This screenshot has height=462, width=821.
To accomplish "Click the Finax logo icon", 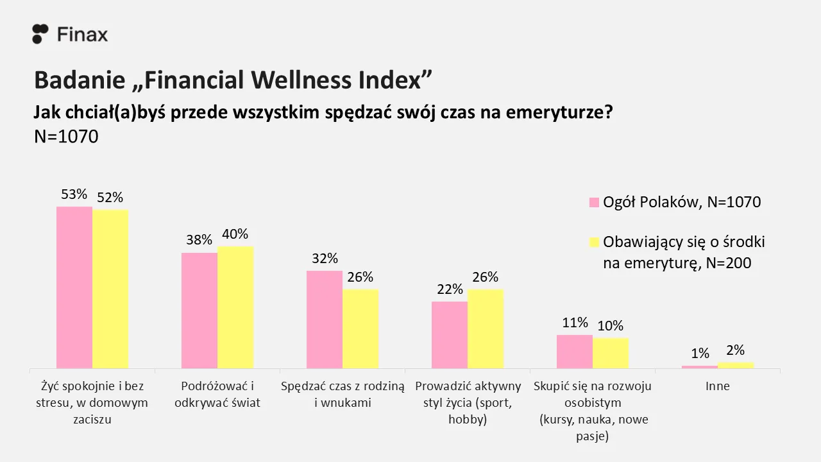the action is point(40,34).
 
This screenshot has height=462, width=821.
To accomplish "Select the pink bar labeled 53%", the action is point(74,287).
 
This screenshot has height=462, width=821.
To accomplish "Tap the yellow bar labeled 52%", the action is point(110,289).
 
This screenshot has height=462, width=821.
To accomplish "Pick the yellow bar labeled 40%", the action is point(235,307).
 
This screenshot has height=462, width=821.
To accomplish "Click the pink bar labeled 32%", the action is point(325,320).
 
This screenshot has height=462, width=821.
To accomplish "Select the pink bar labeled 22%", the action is point(450,335).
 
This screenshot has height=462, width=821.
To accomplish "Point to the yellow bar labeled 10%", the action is point(611,353).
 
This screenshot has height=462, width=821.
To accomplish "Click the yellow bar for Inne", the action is point(736,365).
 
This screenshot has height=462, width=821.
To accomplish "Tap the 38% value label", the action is point(199,240).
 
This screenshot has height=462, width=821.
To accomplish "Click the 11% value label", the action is point(575,323).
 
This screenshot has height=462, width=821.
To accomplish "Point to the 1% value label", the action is point(700,354).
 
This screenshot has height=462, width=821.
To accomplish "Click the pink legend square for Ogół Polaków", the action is point(594,202).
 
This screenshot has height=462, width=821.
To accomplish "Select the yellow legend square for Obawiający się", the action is point(594,242).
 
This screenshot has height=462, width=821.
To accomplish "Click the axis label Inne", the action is point(717,386).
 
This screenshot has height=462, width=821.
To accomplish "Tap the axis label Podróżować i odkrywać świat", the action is point(217,395).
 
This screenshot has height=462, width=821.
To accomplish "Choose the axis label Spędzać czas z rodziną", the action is point(343,386).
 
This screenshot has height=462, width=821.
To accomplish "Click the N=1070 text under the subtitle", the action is point(66,137).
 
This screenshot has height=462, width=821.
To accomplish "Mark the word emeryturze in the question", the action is point(559,112).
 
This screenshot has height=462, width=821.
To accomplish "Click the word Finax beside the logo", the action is point(83,35).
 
